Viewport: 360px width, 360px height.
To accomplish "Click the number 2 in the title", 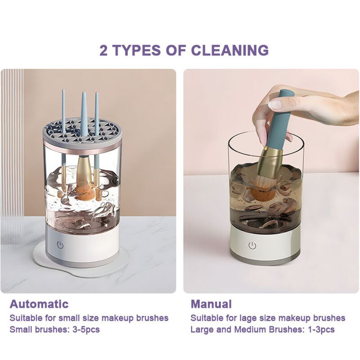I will pyautogui.click(x=103, y=49).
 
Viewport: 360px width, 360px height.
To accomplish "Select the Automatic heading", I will pyautogui.click(x=39, y=304).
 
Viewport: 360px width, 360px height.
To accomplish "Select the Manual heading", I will pyautogui.click(x=211, y=304).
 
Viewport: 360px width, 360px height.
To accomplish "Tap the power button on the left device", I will pyautogui.click(x=60, y=246).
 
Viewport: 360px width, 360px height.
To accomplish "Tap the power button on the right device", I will pyautogui.click(x=252, y=245).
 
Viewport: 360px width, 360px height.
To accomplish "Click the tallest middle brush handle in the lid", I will pyautogui.click(x=84, y=112).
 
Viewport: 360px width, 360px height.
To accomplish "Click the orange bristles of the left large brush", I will pyautogui.click(x=85, y=191).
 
